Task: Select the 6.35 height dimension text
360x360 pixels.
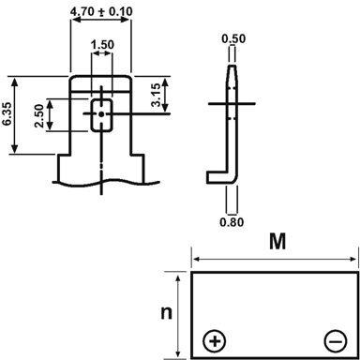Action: [8, 113]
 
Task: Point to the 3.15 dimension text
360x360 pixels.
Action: [165, 94]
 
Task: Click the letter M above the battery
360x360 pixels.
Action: [277, 243]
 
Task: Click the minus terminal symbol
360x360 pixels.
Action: [335, 338]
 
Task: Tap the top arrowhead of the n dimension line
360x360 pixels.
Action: [177, 275]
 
